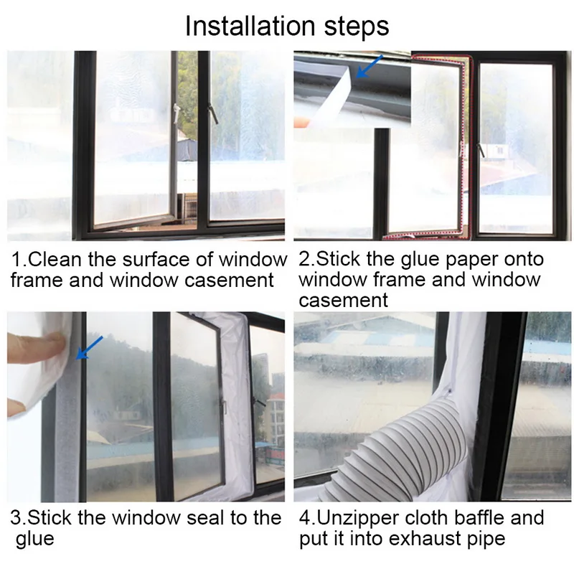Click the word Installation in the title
(250, 26)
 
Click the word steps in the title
(357, 27)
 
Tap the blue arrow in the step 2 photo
(370, 67)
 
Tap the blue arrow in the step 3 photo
(89, 347)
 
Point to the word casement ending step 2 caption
(343, 301)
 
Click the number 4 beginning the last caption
(304, 518)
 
